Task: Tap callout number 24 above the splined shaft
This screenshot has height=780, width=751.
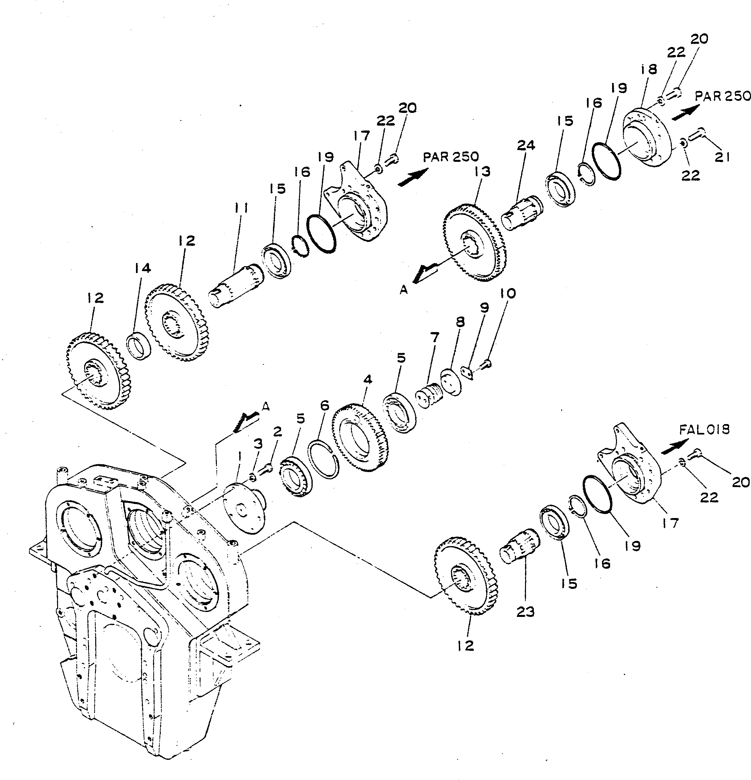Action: pos(526,145)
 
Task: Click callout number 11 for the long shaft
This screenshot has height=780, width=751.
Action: pos(241,208)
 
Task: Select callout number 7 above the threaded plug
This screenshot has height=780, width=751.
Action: pos(435,337)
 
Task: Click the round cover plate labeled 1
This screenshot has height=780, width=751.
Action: pos(244,508)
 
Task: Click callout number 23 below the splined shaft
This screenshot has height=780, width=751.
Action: pos(525,612)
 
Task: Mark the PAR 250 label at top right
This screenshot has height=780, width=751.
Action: pos(722,96)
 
